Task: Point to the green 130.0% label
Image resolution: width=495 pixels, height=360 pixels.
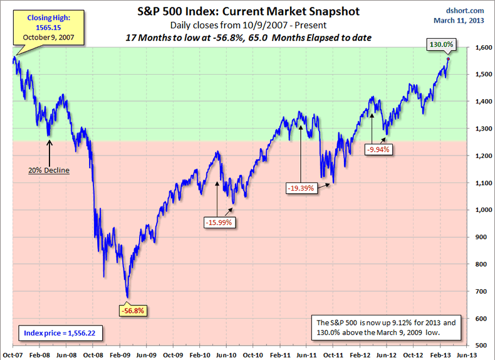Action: pyautogui.click(x=442, y=45)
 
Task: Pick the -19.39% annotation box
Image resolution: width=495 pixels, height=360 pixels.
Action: pyautogui.click(x=302, y=188)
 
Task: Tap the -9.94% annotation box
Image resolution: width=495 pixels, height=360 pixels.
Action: pyautogui.click(x=378, y=149)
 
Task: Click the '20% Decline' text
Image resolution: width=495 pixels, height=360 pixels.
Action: pyautogui.click(x=48, y=170)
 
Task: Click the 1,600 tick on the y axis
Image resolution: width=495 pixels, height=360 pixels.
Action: pyautogui.click(x=482, y=48)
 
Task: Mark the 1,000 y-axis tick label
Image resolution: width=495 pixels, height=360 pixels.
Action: pyautogui.click(x=482, y=210)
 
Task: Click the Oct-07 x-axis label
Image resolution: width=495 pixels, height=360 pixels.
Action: pyautogui.click(x=13, y=354)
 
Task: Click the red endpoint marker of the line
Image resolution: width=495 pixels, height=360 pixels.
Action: pyautogui.click(x=447, y=59)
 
